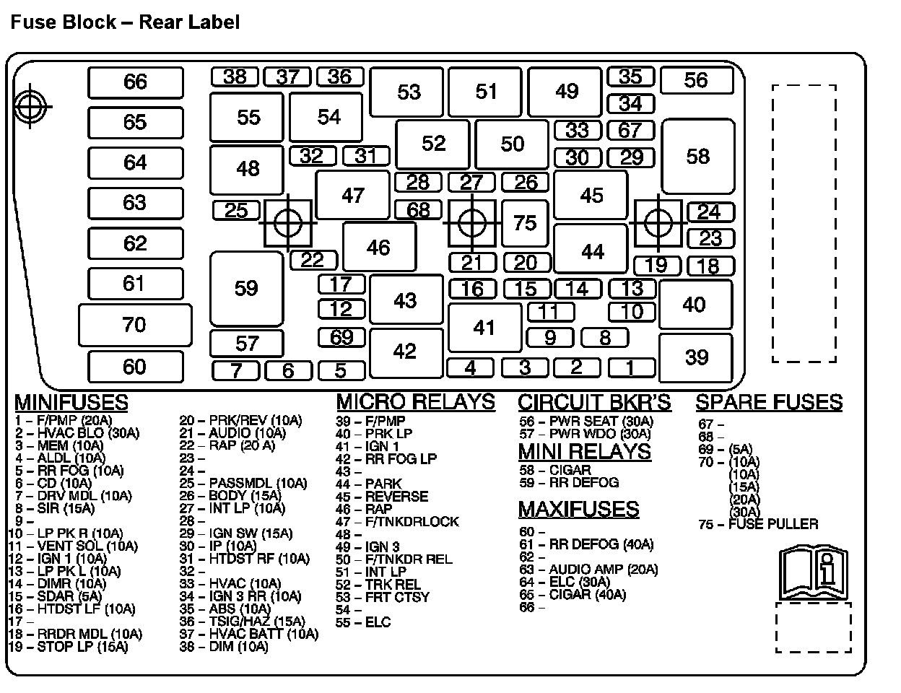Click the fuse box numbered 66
point(135,82)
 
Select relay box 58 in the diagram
point(697,157)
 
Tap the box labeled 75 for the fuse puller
point(525,223)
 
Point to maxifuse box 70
point(134,325)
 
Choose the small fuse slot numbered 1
point(630,368)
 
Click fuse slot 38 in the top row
point(235,77)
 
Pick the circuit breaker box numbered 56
point(696,80)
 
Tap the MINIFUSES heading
point(71,403)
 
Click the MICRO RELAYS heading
point(416,402)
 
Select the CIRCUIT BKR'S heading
point(594,403)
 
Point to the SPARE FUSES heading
point(769,402)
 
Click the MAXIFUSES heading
point(578,509)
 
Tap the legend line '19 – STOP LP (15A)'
point(69,647)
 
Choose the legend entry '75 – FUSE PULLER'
point(758,524)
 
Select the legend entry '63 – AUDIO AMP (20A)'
point(588,570)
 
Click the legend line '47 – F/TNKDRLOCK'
point(397,522)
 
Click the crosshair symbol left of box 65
point(30,108)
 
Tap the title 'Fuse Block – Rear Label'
point(124,22)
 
